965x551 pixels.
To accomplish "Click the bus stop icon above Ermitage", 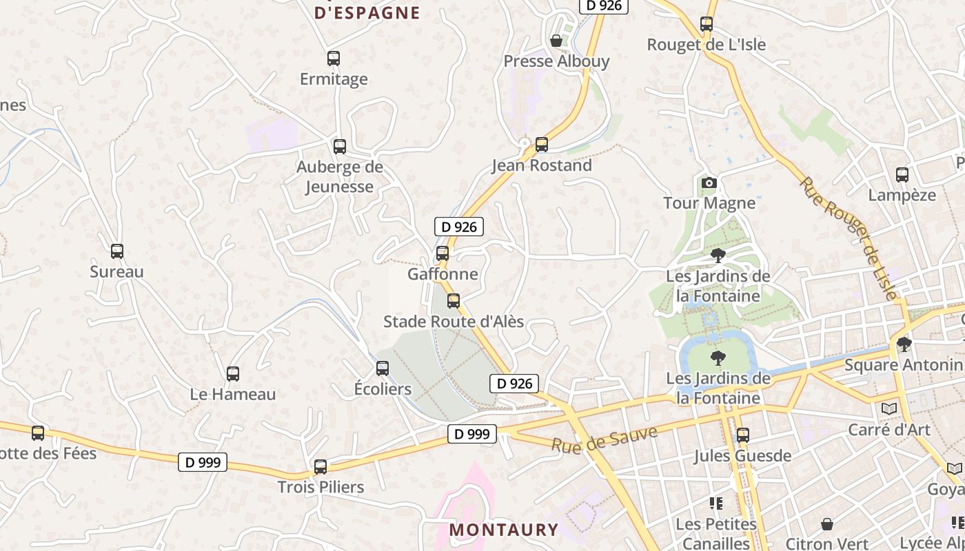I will (334, 59).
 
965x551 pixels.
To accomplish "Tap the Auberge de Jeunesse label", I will (339, 176).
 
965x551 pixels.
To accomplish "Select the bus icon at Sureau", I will (117, 251).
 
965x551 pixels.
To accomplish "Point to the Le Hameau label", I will (233, 395).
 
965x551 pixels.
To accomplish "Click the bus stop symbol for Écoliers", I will (383, 368).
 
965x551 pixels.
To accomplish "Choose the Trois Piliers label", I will (321, 487).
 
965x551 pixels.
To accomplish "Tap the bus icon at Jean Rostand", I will (542, 145).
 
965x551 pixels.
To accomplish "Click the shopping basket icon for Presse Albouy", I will (556, 41).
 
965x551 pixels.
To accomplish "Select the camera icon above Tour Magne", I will (709, 183).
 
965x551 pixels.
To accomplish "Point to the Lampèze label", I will (902, 195).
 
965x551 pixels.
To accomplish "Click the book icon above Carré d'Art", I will (889, 409).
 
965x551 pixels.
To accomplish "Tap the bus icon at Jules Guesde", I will (742, 435).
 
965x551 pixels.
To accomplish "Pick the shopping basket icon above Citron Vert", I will (827, 524).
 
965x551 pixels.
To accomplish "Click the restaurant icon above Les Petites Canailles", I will (716, 503).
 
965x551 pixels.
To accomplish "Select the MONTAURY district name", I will (504, 530).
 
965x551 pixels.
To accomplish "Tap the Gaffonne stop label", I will (443, 273).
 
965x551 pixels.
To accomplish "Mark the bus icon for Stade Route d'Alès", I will (454, 301).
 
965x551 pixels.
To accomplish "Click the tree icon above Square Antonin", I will (904, 344).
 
